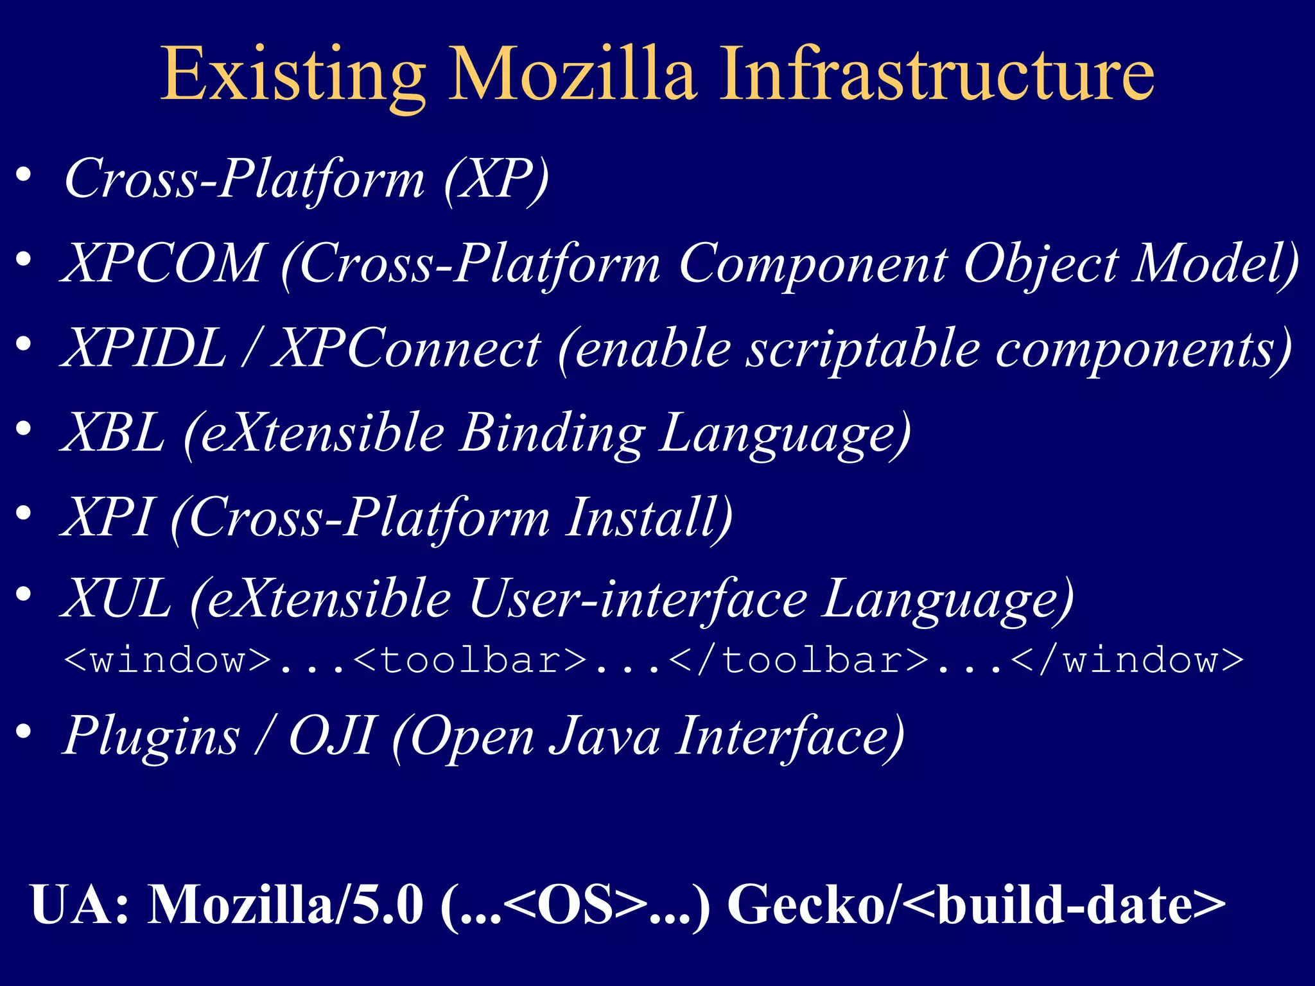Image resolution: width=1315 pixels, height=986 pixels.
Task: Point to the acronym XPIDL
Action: coord(144,347)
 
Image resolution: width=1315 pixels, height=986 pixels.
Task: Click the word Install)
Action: coord(649,517)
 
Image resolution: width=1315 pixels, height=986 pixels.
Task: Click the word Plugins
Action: coord(152,736)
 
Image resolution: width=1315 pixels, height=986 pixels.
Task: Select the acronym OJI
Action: coord(331,736)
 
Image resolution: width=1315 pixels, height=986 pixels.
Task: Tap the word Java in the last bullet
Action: coord(604,736)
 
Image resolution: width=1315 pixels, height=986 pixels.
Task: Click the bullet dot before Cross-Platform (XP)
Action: coord(24,175)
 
